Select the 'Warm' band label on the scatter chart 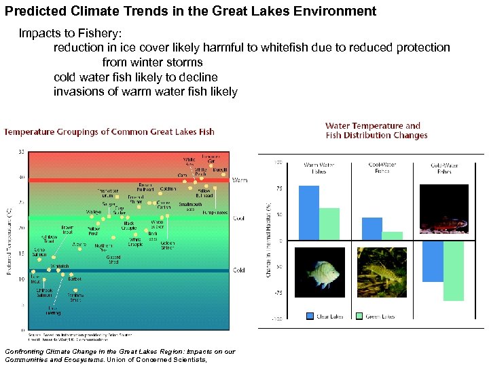click(240, 180)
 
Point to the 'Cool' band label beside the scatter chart click(239, 218)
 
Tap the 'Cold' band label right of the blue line click(239, 270)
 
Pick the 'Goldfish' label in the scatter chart click(168, 188)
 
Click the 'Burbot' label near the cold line click(75, 279)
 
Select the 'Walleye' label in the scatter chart click(94, 212)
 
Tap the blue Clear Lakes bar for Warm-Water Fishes click(309, 213)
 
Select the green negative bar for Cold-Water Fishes click(454, 270)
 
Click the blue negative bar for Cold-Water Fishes click(433, 261)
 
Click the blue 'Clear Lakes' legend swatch click(310, 316)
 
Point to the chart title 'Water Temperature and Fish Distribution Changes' click(376, 130)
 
